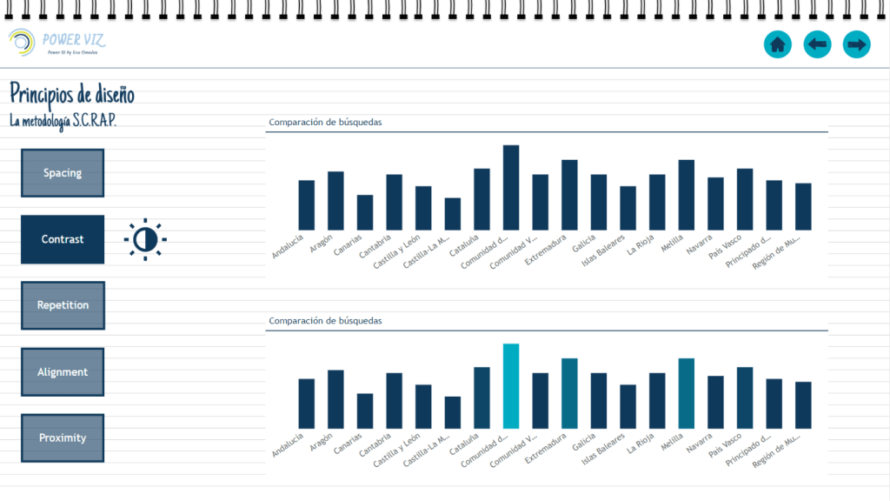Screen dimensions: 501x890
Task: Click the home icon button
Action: (x=777, y=43)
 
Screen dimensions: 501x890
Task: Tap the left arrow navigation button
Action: (x=817, y=43)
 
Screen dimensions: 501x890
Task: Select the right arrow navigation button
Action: (x=857, y=43)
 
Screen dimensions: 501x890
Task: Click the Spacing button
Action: (x=63, y=172)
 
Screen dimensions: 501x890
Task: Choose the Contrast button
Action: (x=63, y=239)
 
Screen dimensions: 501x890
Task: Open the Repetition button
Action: (x=63, y=305)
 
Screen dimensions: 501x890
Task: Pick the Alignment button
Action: (x=63, y=371)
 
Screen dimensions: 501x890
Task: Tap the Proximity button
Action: (x=63, y=438)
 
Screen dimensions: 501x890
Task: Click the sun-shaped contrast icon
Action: (x=144, y=238)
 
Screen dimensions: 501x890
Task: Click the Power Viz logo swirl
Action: (x=22, y=41)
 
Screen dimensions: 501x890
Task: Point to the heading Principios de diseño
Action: (x=72, y=93)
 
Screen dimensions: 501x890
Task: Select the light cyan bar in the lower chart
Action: (x=511, y=386)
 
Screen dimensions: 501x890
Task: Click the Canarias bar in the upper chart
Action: (x=365, y=212)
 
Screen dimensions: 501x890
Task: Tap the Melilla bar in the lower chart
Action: (x=687, y=393)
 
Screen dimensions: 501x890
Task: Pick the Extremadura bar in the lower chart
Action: (x=569, y=393)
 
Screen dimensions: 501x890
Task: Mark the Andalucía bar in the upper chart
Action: (x=306, y=205)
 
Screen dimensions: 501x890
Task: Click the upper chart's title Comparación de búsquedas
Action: (x=325, y=123)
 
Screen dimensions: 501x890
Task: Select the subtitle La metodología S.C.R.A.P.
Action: (x=63, y=120)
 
